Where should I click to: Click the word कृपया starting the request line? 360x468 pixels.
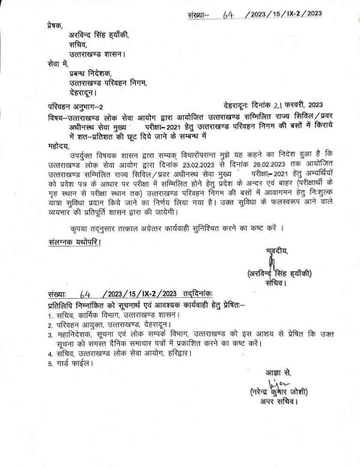pyautogui.click(x=76, y=229)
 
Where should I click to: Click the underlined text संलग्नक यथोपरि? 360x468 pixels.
pyautogui.click(x=75, y=242)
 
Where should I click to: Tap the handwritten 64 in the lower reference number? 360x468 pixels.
pyautogui.click(x=85, y=294)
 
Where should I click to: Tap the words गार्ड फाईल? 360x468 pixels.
pyautogui.click(x=73, y=362)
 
